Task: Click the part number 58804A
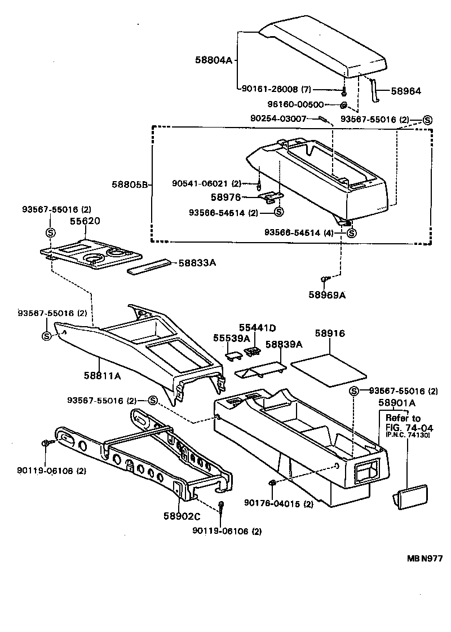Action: (x=214, y=60)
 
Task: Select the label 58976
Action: (x=225, y=197)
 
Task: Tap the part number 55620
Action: (x=86, y=221)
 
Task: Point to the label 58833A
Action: (x=198, y=263)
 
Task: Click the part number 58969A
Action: (x=327, y=294)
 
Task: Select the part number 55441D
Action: (x=258, y=327)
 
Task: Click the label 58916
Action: (x=330, y=334)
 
